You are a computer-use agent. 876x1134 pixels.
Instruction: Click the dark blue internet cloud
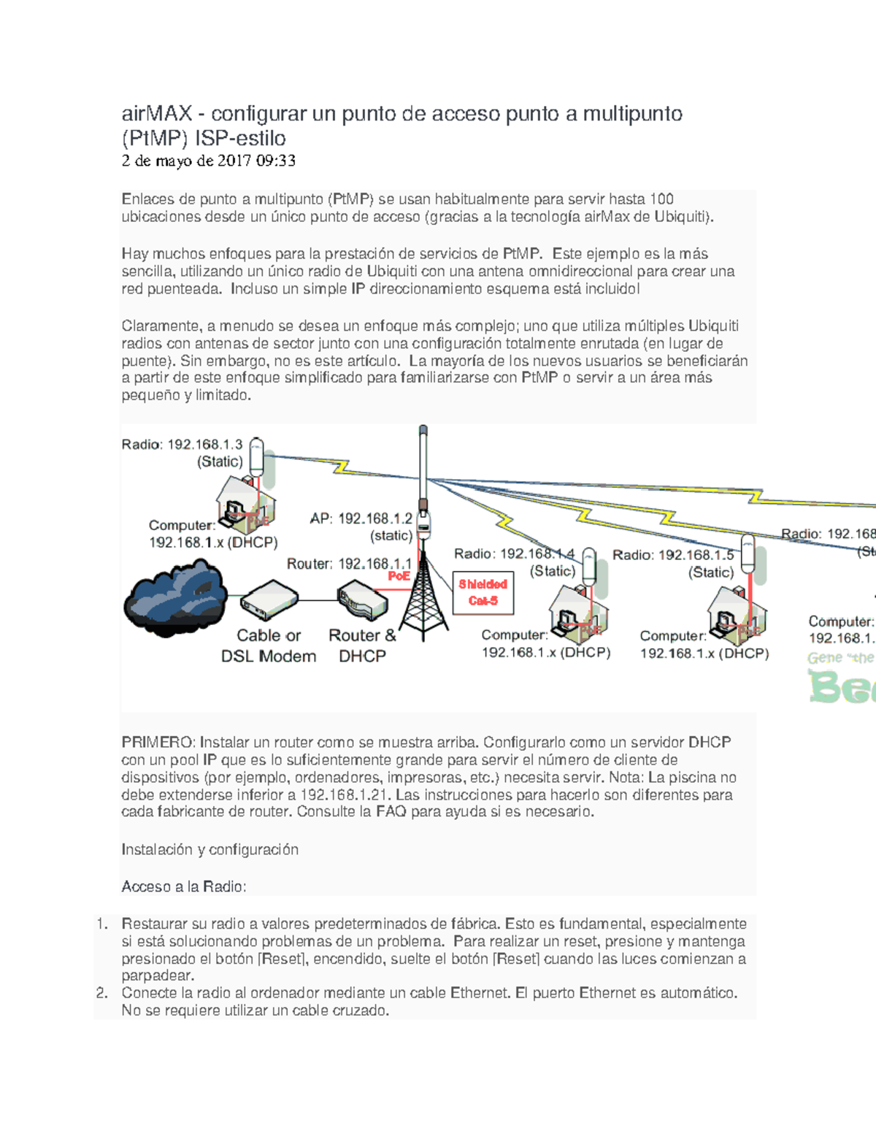coord(175,598)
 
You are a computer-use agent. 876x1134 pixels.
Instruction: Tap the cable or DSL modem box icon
coord(269,600)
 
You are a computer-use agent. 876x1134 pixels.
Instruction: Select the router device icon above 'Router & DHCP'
coord(362,600)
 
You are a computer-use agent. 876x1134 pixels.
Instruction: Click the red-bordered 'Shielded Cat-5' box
coord(483,593)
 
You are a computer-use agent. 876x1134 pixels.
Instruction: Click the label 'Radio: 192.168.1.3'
coord(182,444)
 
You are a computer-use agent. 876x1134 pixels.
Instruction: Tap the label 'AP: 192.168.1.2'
coord(361,518)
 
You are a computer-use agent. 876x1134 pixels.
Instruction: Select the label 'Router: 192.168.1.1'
coord(349,564)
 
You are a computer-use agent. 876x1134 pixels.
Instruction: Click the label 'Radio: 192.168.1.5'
coord(673,555)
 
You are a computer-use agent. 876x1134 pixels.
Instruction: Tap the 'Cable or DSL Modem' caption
coord(269,646)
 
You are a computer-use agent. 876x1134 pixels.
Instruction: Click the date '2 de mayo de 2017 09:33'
coord(208,161)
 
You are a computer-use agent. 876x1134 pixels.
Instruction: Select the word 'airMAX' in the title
coord(157,114)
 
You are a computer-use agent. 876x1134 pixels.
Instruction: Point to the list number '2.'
coord(102,993)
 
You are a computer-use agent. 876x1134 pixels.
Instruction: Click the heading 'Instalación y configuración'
coord(210,850)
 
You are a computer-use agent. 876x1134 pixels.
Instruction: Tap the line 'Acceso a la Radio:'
coord(184,887)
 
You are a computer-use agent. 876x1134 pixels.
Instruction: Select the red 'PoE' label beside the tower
coord(399,576)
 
